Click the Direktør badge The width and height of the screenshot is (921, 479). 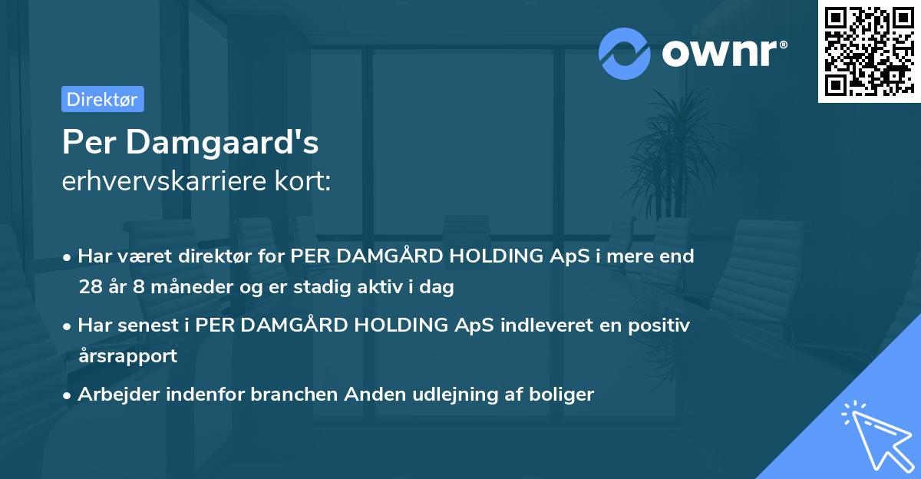coord(102,99)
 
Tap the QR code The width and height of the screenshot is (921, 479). coord(868,51)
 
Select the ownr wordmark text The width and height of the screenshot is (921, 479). coord(724,53)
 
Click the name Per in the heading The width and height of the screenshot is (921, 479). coord(87,142)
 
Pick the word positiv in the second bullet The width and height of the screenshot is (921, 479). coord(659,325)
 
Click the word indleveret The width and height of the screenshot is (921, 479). coord(545,325)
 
